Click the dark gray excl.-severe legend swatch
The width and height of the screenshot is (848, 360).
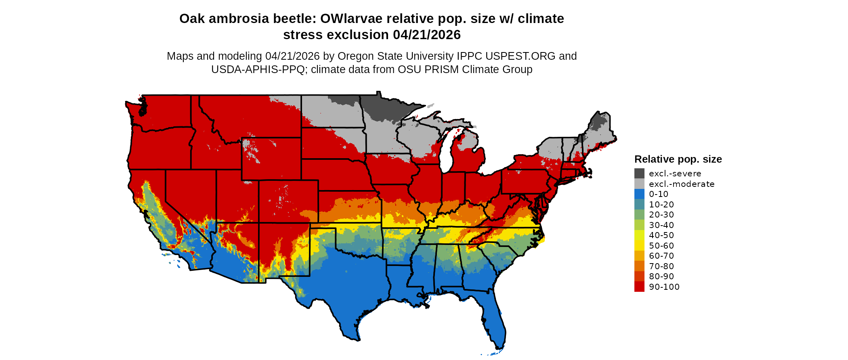click(639, 174)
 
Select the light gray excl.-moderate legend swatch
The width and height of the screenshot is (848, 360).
click(639, 184)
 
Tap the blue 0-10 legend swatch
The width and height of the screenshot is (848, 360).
click(639, 194)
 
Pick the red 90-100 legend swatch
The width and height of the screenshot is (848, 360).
click(639, 287)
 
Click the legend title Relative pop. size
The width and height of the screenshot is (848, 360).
click(678, 159)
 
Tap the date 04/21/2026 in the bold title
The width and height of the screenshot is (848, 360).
click(427, 35)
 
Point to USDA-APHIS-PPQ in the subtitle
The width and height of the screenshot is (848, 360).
click(258, 69)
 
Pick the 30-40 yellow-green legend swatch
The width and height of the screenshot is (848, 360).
click(639, 225)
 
